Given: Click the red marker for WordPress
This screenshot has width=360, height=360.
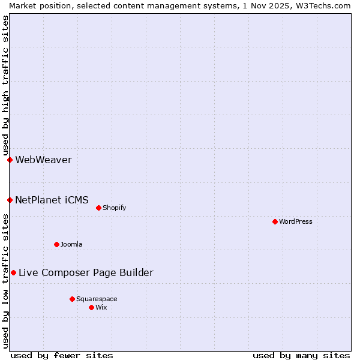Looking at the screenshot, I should coord(275,221).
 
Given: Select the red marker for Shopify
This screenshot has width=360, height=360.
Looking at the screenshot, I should coord(98,208).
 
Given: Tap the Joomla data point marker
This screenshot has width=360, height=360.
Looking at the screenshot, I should coord(56,244).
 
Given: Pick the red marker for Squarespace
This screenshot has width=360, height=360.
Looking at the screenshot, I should coord(72,299).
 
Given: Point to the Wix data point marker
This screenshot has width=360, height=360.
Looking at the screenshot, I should coord(91,307).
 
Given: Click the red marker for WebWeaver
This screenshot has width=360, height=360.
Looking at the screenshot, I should coord(10,160).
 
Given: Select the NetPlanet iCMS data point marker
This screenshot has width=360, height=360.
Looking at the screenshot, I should coord(10,200).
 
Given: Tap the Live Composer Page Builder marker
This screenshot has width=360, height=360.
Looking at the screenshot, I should coord(13,272).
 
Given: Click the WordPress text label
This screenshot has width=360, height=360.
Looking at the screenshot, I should coord(296,221).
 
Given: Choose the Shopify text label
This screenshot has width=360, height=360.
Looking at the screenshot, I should coord(114,208).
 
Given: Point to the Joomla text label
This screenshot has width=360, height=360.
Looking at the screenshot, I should coord(71,244).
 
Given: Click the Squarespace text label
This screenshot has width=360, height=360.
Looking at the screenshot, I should coord(97,299).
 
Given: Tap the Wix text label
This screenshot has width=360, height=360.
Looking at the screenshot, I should coord(101,307).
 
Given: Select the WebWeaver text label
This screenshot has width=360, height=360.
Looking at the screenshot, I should coord(43,160).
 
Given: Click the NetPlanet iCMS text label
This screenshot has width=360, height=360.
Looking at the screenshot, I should coord(52,200).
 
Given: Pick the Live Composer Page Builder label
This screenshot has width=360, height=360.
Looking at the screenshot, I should coord(86,272).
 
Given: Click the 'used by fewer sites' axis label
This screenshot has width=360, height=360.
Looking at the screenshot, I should coord(62,355).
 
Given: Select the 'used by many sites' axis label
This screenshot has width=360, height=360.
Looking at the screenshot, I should coord(301,355).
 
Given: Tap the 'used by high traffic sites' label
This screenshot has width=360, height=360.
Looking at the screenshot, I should coord(5,85).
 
